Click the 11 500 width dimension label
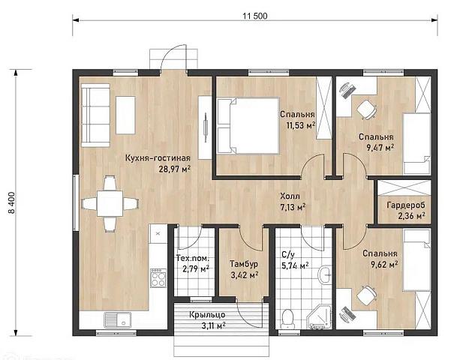[x=255, y=16]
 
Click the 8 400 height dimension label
[x=12, y=202]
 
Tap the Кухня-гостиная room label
[x=158, y=158]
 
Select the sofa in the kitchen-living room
[x=95, y=115]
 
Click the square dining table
[x=110, y=203]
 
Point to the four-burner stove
[x=158, y=277]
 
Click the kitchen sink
[x=118, y=320]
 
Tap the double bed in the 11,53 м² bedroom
[x=248, y=125]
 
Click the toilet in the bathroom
[x=288, y=319]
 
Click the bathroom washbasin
[x=326, y=274]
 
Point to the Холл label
[x=290, y=196]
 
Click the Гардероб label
[x=406, y=205]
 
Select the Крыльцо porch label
[x=207, y=314]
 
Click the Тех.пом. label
[x=193, y=257]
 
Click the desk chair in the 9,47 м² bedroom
[x=366, y=109]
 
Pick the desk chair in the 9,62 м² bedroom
[x=366, y=295]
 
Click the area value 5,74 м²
[x=295, y=265]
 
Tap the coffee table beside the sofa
[x=125, y=115]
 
